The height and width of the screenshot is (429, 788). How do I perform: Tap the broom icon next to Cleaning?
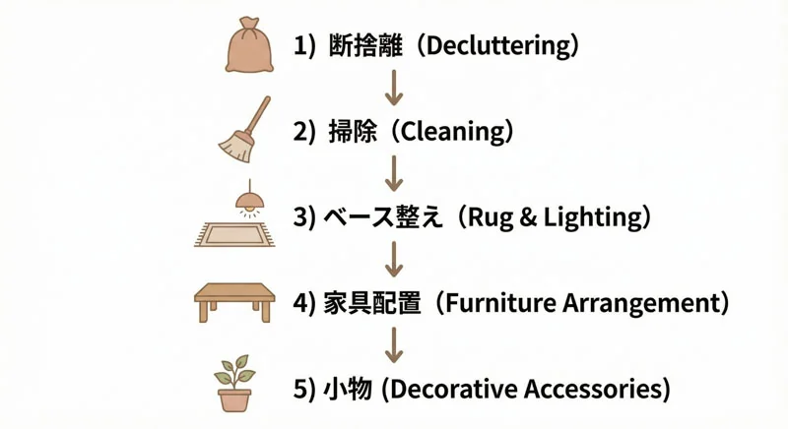[x=244, y=130]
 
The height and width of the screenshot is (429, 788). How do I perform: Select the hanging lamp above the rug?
[x=250, y=199]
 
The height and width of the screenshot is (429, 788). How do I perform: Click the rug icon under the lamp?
[x=234, y=234]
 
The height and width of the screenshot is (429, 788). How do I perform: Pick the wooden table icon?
[x=234, y=301]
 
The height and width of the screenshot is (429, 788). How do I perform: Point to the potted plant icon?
[x=234, y=384]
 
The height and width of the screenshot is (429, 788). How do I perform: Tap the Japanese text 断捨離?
[x=365, y=46]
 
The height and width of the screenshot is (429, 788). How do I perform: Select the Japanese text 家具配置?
[x=372, y=303]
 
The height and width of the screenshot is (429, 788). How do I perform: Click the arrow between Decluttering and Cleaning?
[x=394, y=88]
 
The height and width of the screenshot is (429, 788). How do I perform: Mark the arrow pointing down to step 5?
[x=394, y=345]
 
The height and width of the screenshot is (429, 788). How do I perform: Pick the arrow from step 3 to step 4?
[x=394, y=259]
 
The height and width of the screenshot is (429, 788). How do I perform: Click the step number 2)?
[x=304, y=132]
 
